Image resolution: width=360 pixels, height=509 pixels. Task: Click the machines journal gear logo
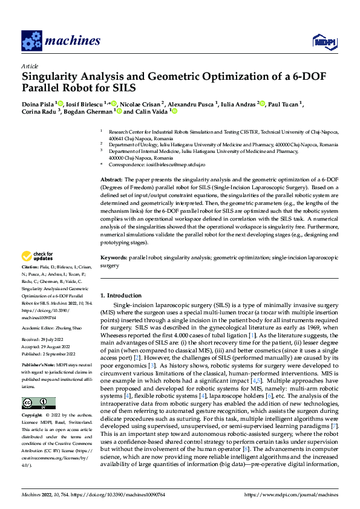31,41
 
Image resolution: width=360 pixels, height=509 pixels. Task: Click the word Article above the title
30,65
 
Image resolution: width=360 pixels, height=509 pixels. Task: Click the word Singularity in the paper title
52,77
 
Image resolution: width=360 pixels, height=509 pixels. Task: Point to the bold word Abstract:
111,180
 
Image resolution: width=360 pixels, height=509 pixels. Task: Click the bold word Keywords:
113,258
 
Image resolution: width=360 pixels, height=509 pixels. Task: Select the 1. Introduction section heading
125,295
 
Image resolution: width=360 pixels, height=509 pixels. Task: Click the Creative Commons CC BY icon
38,403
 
